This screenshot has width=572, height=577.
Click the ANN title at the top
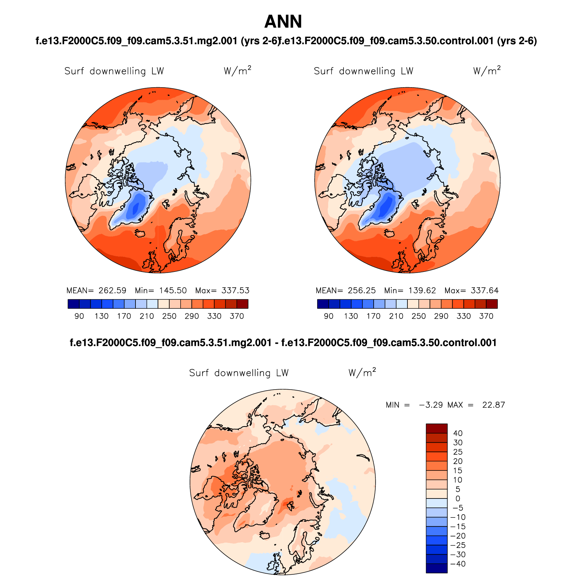click(x=283, y=22)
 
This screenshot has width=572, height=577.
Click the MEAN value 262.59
click(x=112, y=290)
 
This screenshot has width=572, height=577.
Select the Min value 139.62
click(x=422, y=290)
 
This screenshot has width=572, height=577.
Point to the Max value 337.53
click(x=235, y=290)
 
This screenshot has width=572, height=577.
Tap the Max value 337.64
click(x=485, y=290)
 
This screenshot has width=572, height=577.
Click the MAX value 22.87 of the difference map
click(x=493, y=405)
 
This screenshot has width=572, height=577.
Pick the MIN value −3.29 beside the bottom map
click(x=431, y=405)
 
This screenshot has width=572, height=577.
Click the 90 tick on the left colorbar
click(x=79, y=316)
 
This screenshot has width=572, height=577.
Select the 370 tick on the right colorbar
click(x=486, y=316)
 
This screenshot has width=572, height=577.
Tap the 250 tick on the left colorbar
click(x=169, y=316)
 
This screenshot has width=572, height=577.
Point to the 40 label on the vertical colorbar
click(x=458, y=433)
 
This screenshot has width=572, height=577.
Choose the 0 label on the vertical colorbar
click(x=458, y=498)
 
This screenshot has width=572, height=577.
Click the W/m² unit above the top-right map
click(x=487, y=70)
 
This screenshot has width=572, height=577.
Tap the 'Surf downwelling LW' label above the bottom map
click(x=239, y=373)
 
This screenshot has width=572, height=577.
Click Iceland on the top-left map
click(x=140, y=233)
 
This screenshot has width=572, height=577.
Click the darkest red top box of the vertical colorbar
click(x=436, y=428)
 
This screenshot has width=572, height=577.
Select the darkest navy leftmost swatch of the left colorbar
click(x=73, y=304)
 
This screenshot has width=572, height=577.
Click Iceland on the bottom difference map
click(x=265, y=535)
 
